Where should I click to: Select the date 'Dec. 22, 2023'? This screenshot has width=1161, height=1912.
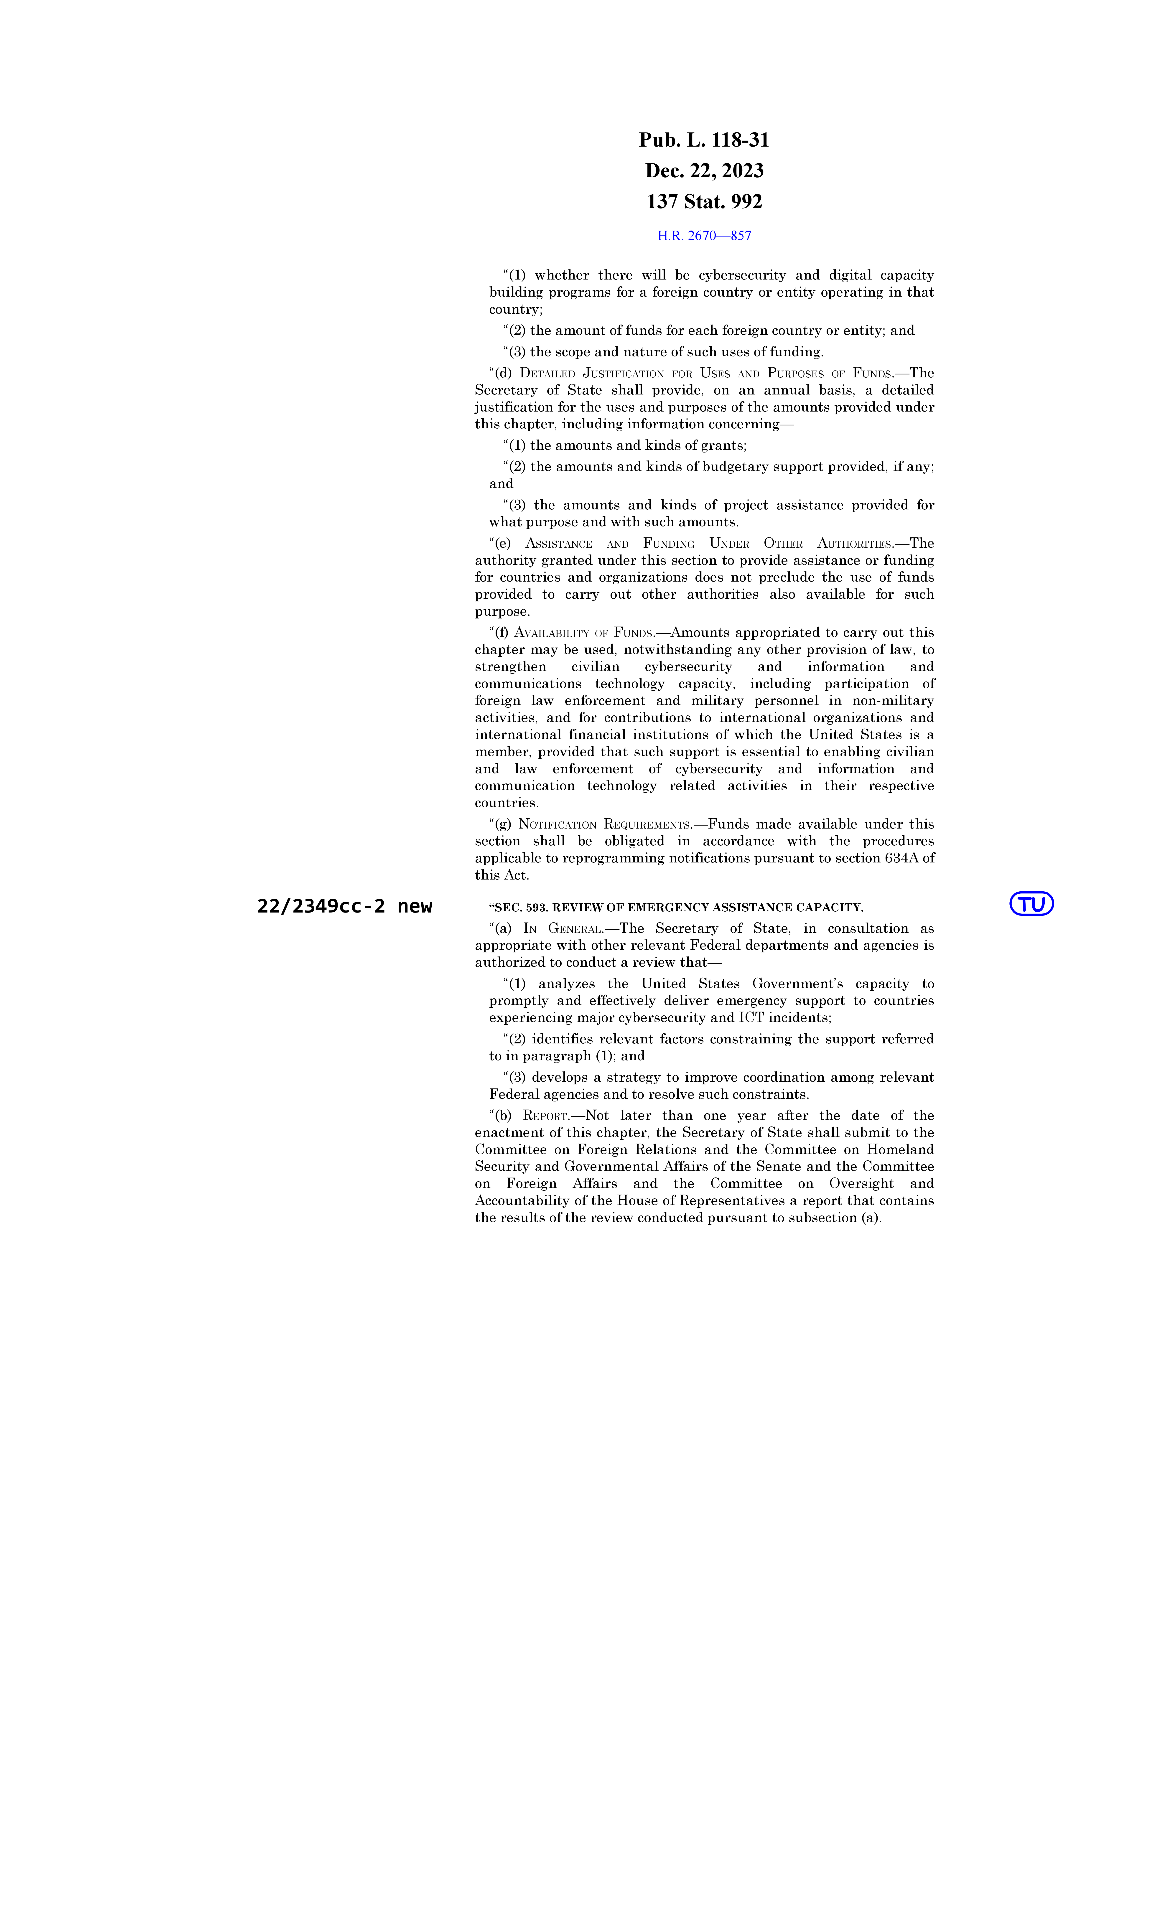[x=704, y=171]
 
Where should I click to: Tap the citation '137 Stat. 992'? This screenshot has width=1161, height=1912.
[x=704, y=202]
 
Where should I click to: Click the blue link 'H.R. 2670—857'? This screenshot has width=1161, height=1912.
[x=704, y=236]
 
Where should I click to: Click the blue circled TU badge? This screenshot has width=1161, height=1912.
[x=1031, y=904]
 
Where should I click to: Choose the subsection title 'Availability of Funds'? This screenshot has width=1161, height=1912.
[x=584, y=632]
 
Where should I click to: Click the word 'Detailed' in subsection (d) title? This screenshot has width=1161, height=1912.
[x=547, y=373]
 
